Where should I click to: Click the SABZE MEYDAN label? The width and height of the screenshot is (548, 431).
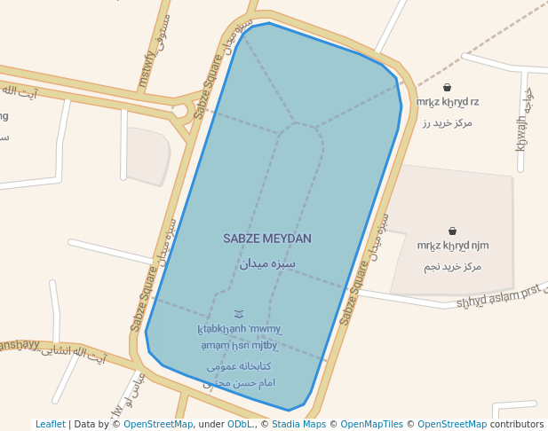(x=266, y=239)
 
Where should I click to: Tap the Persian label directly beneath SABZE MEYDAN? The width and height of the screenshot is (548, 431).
(x=266, y=263)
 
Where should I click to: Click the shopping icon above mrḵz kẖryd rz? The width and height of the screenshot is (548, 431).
(x=447, y=88)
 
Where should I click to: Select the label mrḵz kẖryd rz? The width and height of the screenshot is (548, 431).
(x=448, y=103)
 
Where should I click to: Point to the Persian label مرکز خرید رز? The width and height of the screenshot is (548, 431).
(x=448, y=122)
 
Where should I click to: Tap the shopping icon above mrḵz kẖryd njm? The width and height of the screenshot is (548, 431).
(x=452, y=231)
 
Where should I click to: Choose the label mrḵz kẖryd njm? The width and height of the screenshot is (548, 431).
(x=453, y=246)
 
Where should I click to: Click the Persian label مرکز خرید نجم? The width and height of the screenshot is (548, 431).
(x=453, y=266)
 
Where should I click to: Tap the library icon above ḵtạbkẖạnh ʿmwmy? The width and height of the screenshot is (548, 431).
(x=238, y=314)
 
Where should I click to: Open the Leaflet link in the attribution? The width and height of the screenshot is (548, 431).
(x=50, y=424)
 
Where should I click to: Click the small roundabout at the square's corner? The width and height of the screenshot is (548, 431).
(x=181, y=111)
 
